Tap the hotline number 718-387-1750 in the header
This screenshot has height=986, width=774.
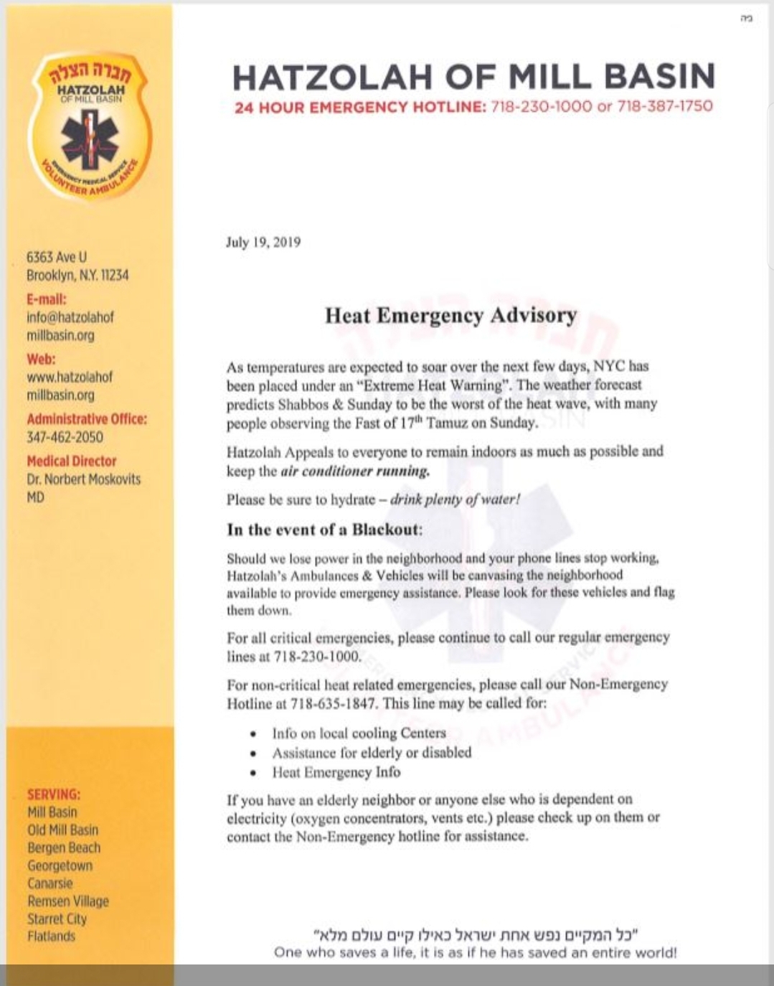click(x=665, y=107)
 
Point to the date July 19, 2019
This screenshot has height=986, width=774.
click(x=263, y=242)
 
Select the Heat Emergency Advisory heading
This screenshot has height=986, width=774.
click(x=450, y=316)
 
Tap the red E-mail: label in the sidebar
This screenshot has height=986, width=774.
click(x=47, y=299)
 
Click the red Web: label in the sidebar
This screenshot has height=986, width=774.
click(x=41, y=359)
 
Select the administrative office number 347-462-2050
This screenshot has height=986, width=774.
click(x=65, y=437)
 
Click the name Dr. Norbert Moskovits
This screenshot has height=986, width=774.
click(x=84, y=479)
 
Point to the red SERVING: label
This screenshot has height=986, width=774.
click(x=54, y=794)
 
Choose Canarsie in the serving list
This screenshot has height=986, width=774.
click(x=50, y=883)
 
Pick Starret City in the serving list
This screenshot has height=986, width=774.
click(x=57, y=919)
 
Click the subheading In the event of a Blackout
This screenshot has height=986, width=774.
click(x=324, y=530)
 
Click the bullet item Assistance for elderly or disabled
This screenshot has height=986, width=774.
click(x=372, y=753)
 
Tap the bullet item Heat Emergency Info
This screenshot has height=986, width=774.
click(x=336, y=772)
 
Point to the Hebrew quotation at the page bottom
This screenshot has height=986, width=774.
click(x=476, y=934)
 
